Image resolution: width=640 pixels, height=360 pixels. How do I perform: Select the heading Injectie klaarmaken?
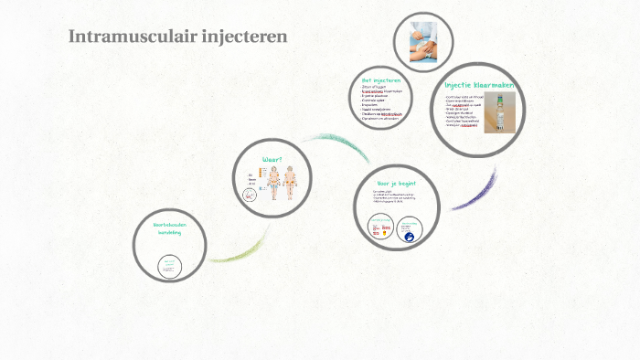click(480, 85)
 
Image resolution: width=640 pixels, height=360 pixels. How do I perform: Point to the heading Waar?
click(272, 159)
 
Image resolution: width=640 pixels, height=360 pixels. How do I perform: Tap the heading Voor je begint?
click(397, 183)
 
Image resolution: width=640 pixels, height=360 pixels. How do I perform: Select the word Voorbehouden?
click(170, 225)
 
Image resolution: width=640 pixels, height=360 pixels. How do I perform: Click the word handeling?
click(170, 233)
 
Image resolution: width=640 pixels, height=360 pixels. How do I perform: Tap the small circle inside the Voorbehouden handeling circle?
click(169, 266)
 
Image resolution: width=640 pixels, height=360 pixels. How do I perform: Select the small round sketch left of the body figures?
click(250, 195)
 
